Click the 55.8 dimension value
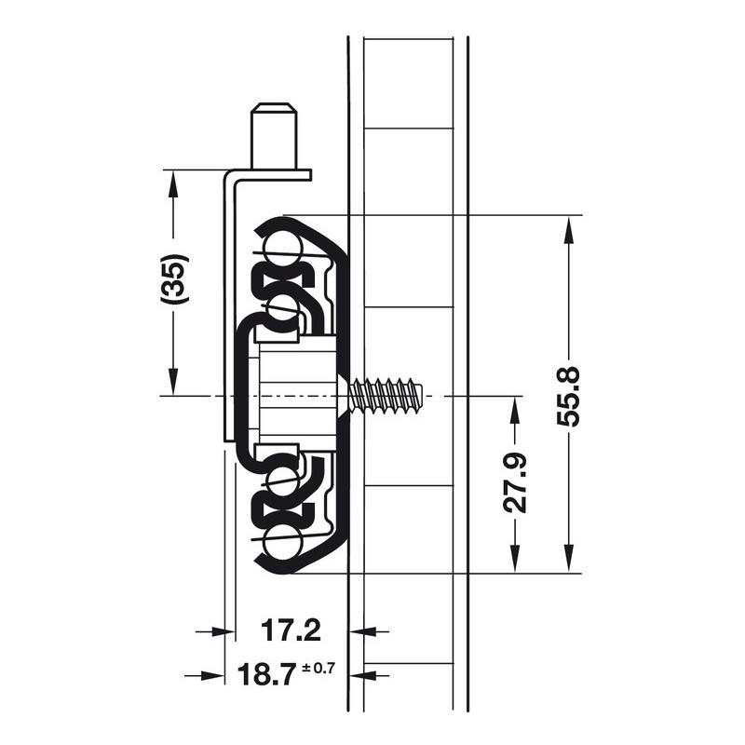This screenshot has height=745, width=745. click(568, 396)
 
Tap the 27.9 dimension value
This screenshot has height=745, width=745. click(515, 482)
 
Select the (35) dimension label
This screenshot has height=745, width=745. click(175, 278)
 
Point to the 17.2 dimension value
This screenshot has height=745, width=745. click(291, 630)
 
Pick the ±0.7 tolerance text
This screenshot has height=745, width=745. click(318, 669)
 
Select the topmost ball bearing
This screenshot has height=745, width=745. click(284, 246)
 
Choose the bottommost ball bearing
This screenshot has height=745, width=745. click(284, 543)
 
